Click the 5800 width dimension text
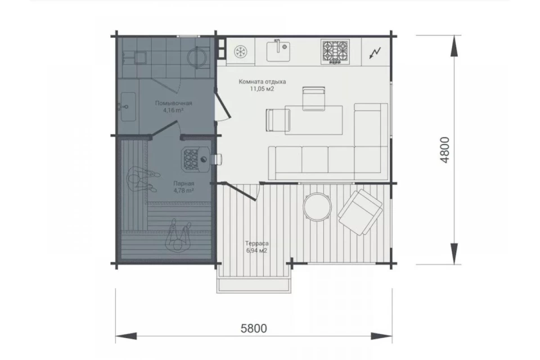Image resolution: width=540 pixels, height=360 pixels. click(254, 328)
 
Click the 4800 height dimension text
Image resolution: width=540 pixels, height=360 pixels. click(444, 150)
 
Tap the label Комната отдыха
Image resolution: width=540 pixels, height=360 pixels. click(263, 82)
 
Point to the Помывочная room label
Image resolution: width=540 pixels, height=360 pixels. click(174, 103)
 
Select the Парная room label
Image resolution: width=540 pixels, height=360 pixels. click(183, 183)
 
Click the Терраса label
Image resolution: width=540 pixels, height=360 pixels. click(257, 243)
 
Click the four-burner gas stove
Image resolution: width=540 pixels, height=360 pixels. click(335, 52)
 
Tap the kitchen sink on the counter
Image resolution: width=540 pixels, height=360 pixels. click(278, 50)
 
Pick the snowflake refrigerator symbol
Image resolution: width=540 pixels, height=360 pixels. click(240, 52)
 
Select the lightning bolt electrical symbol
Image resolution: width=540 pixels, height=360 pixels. click(375, 53)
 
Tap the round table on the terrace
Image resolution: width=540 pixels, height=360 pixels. click(317, 207)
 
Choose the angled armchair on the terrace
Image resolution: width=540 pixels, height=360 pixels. click(360, 212)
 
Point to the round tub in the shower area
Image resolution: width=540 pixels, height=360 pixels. click(197, 55)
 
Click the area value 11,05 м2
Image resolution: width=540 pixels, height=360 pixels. click(262, 89)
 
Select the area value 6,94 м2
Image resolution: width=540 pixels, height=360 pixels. click(257, 250)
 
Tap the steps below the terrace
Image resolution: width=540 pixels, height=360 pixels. click(254, 285)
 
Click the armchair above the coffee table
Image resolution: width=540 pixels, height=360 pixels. click(313, 99)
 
